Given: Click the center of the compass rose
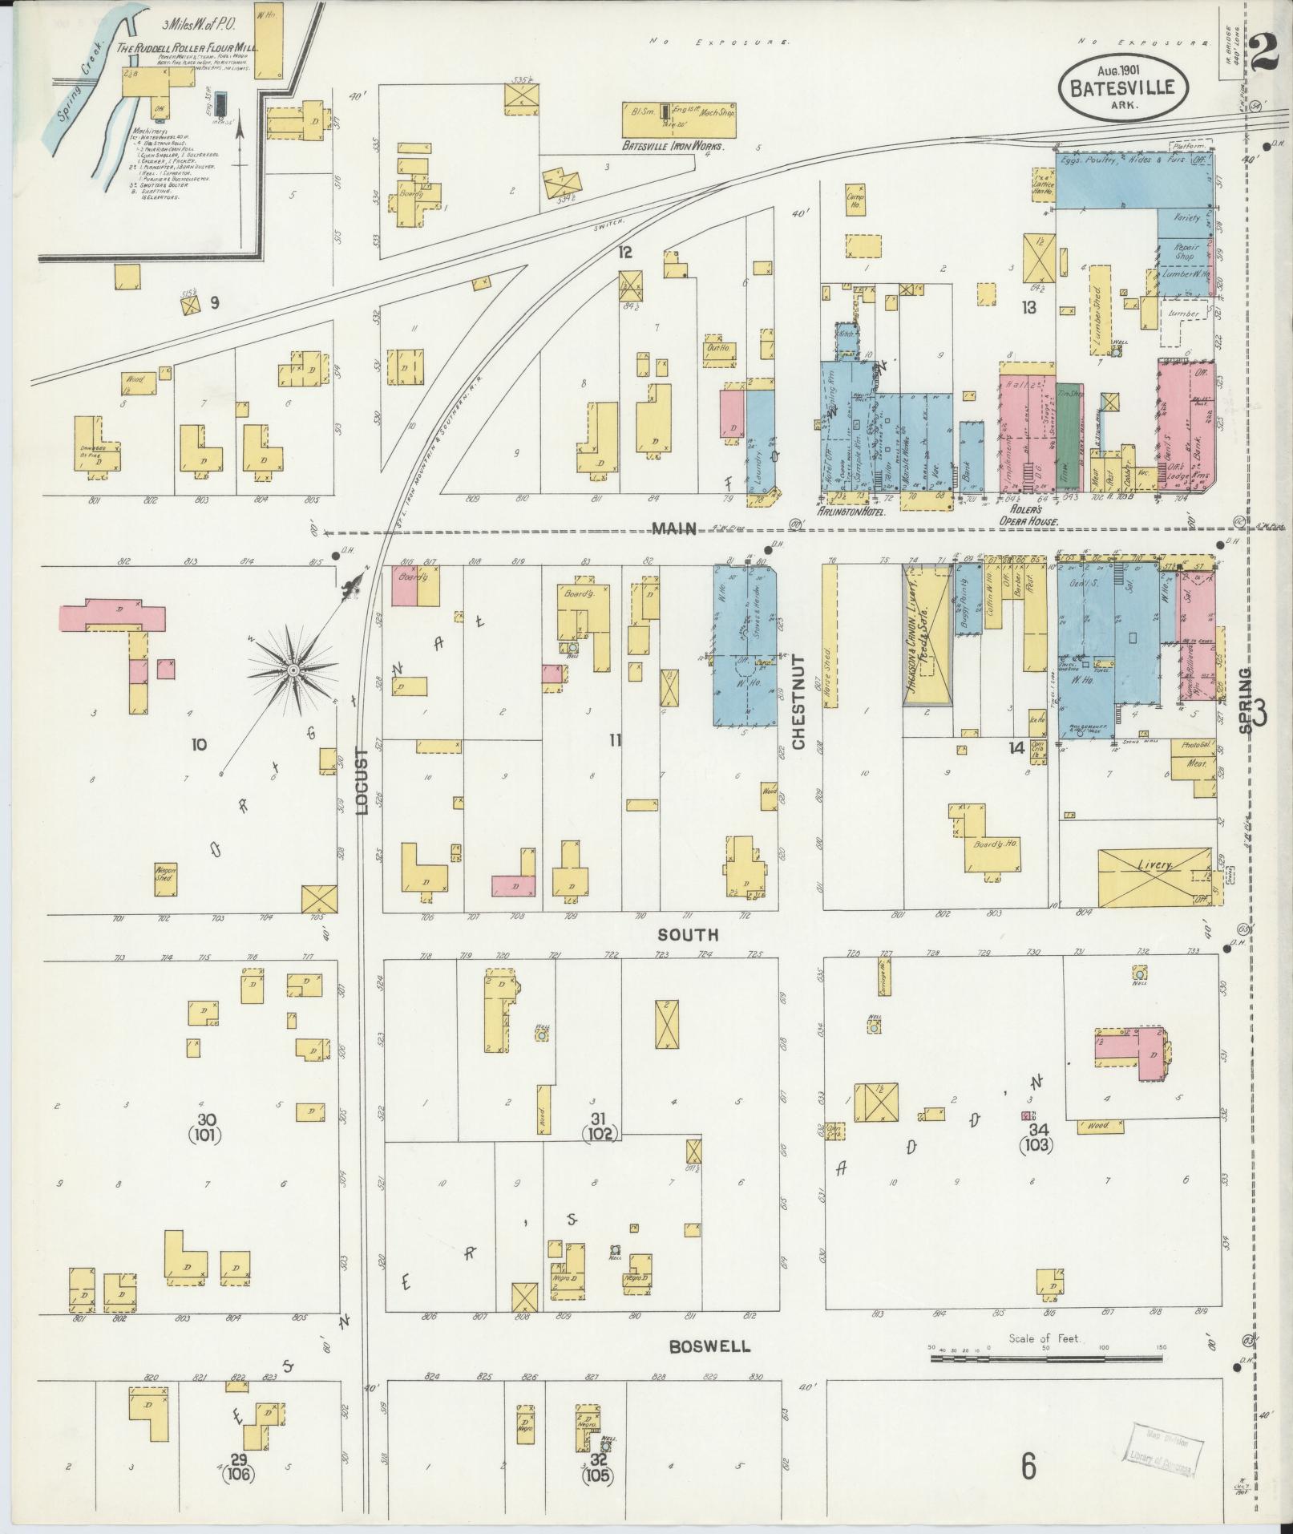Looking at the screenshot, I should click(293, 669).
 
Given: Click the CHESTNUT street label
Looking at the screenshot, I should click(798, 702).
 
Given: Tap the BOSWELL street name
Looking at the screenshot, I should click(710, 1346).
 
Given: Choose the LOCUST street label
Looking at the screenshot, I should click(362, 781).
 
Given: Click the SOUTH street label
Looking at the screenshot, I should click(689, 935).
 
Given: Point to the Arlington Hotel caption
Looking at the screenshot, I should click(851, 510).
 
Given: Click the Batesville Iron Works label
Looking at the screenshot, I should click(673, 147).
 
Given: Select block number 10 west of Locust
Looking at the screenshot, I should click(199, 744).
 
